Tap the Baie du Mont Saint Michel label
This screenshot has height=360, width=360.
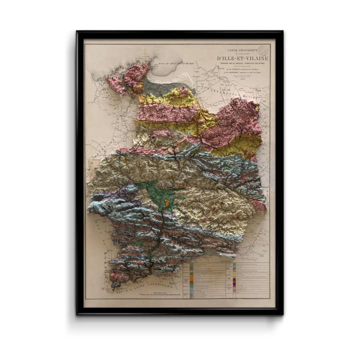165,64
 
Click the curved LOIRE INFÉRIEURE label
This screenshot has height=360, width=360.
150,287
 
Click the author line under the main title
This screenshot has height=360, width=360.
242,68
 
